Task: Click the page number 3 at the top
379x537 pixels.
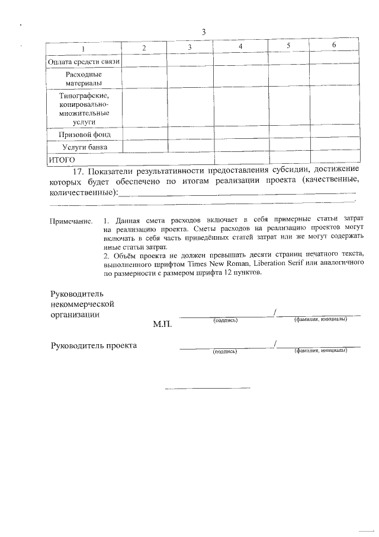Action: coord(203,32)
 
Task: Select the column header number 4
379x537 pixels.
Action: coord(240,46)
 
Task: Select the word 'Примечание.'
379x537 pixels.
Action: coord(71,221)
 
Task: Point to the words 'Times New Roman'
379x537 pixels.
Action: coord(214,263)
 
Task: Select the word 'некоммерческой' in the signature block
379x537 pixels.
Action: coord(82,304)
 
